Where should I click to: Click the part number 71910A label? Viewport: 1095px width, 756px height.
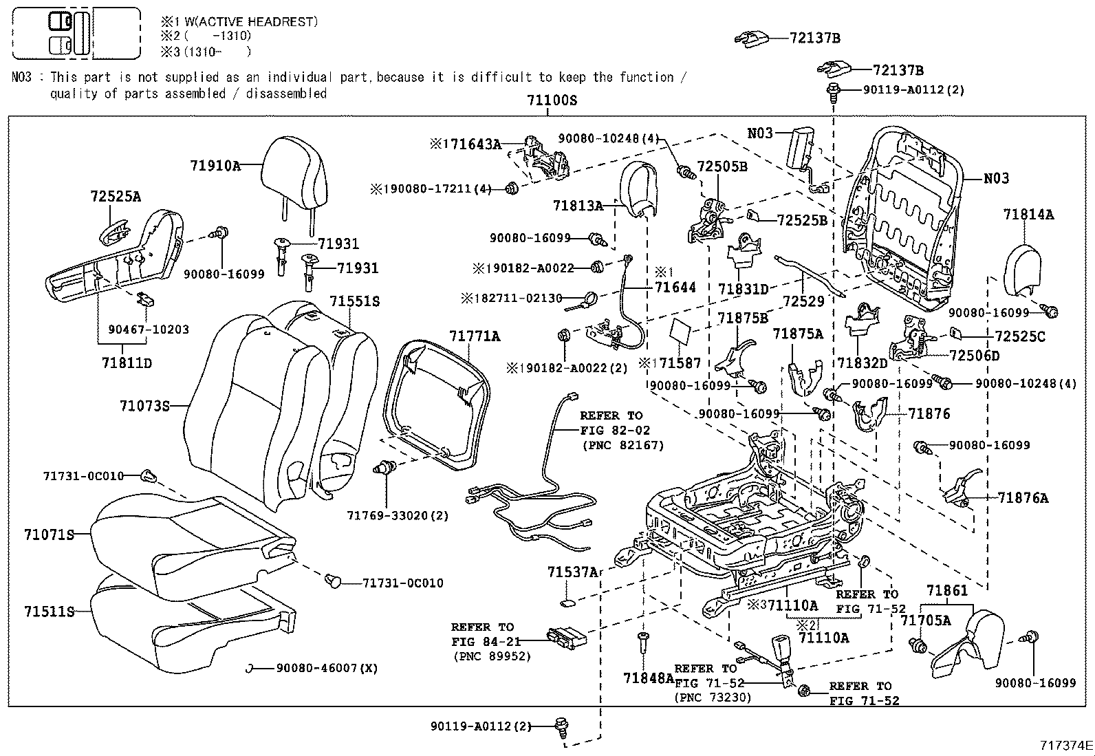215,166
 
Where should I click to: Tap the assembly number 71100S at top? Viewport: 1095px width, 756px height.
552,100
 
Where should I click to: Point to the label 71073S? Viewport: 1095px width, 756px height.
144,406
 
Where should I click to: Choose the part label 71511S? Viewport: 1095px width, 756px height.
48,611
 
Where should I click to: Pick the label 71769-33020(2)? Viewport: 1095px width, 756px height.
398,516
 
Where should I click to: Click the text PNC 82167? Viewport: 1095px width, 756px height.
623,445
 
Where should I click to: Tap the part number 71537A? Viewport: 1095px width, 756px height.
573,572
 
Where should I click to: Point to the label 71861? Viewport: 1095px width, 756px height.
946,591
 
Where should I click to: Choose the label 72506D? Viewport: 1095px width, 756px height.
974,356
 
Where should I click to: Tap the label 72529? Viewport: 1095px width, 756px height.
803,301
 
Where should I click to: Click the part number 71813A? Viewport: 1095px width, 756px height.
577,205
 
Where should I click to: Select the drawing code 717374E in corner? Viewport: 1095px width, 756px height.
1066,745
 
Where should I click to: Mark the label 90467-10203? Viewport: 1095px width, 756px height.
149,330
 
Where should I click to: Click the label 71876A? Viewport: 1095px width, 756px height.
1023,498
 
